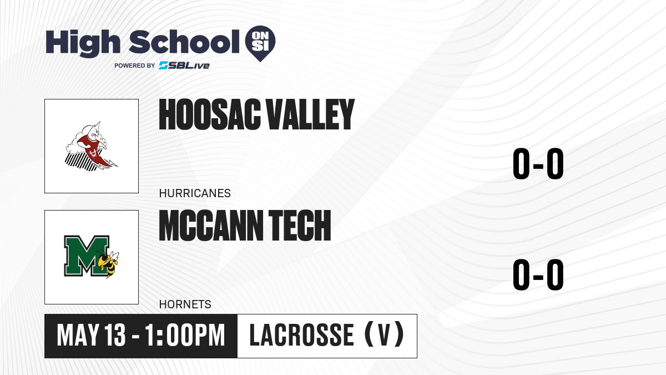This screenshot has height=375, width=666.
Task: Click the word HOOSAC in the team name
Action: point(210,114)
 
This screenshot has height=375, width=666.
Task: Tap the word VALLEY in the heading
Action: point(310,114)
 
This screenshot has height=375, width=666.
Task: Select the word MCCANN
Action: point(211,226)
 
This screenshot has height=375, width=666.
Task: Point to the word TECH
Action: point(300,226)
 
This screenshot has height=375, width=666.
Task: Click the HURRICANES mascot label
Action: point(195,193)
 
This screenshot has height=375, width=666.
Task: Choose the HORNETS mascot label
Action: point(185,304)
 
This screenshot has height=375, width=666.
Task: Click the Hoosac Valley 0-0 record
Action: point(538,164)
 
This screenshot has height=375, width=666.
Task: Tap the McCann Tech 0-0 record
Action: point(538,274)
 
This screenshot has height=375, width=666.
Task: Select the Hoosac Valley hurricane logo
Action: point(91,147)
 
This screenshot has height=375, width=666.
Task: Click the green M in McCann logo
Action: point(86,256)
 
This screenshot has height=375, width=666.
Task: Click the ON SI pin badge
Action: point(260,43)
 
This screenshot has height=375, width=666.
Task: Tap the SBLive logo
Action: point(184,66)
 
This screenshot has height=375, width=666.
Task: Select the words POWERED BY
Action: point(135,66)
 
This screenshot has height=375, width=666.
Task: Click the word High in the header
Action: point(83,43)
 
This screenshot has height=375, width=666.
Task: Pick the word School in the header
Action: point(184,42)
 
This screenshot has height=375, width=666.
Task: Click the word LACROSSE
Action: point(301,335)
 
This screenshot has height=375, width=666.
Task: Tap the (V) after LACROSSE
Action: point(384,335)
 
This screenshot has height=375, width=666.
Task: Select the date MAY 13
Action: point(91,335)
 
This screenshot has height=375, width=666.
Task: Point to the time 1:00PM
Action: point(185,335)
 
